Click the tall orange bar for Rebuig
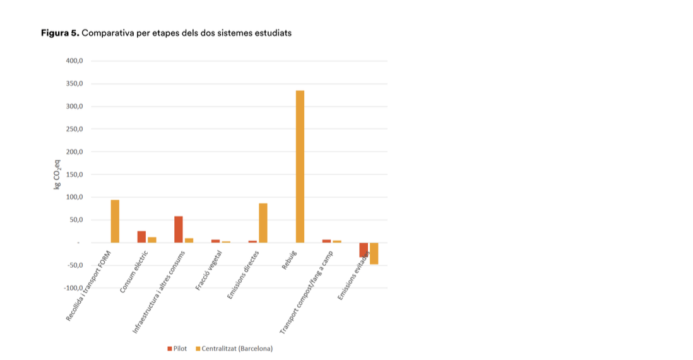coord(300,166)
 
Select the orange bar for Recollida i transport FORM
coord(115,221)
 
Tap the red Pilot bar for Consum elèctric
coord(141,237)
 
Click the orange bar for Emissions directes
coord(263,223)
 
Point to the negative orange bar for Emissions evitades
coord(374,253)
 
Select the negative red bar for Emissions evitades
coord(364,249)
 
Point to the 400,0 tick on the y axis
coord(74,61)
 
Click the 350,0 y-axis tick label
coord(74,84)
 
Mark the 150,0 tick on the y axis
coord(74,175)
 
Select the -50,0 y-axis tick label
coord(74,265)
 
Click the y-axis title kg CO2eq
coord(57,175)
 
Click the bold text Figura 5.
coord(60,33)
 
